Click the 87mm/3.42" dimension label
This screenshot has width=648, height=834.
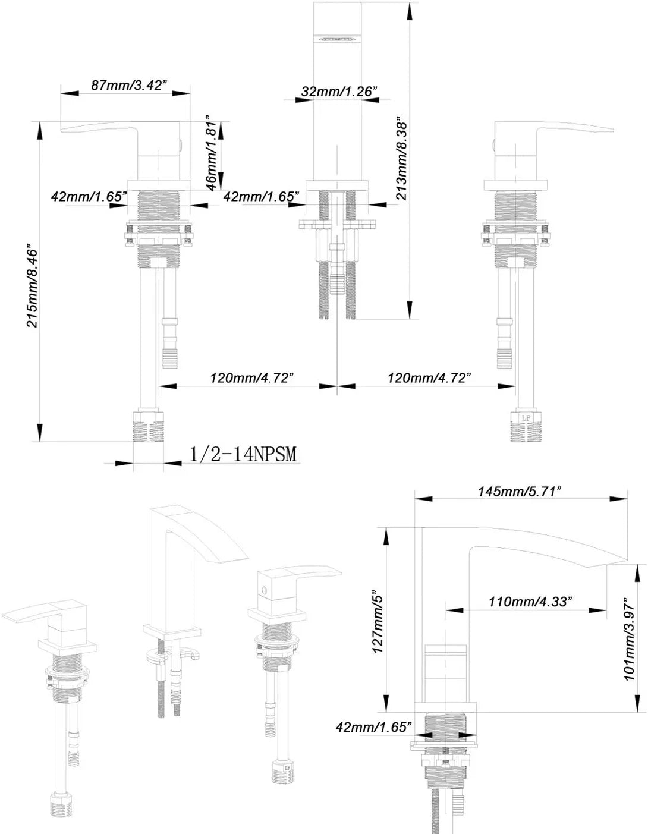[127, 85]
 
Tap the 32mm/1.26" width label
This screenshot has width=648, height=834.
[339, 92]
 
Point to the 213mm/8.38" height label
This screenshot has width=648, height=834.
[402, 158]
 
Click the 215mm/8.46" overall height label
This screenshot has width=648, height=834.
[33, 287]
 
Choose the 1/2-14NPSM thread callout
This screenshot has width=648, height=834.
[243, 454]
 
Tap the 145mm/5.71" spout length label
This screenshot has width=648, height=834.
[520, 492]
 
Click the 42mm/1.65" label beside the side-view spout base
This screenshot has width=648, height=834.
[374, 726]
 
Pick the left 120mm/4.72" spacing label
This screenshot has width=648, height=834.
[251, 378]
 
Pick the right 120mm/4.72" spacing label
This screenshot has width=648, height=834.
[429, 378]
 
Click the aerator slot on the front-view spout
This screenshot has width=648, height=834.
[337, 39]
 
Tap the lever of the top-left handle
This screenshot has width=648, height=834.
[101, 127]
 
